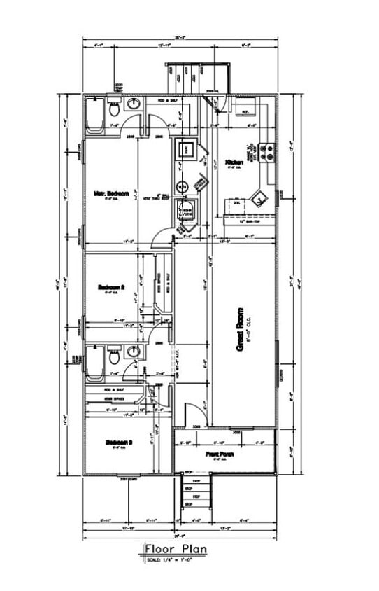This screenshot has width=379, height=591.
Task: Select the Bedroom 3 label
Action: [x=119, y=442]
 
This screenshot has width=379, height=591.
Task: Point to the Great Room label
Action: [x=240, y=329]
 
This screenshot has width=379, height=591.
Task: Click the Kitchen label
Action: [x=234, y=162]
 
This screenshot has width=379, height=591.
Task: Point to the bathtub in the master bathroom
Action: [x=94, y=114]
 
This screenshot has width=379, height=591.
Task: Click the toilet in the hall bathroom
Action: [x=113, y=357]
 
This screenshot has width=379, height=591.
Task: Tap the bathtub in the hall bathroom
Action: [x=94, y=363]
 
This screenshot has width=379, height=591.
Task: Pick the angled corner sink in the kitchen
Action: [x=259, y=198]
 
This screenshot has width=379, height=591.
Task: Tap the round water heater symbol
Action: [x=182, y=187]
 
